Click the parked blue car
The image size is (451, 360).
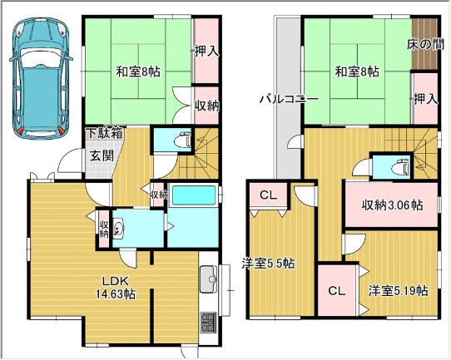(x=41, y=76)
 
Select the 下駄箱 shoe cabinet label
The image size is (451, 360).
(x=106, y=134)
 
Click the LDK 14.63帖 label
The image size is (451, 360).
(x=116, y=287)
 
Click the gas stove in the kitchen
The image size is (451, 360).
(x=209, y=323)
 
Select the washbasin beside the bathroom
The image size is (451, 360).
(x=118, y=229)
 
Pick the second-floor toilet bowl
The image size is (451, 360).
(x=401, y=167)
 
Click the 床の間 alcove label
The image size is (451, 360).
(x=425, y=45)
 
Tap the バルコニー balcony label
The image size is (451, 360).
(x=289, y=100)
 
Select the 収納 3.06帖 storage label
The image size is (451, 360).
(x=392, y=205)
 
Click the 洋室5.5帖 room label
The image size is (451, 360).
(x=268, y=263)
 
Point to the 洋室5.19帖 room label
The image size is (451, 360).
(x=398, y=291)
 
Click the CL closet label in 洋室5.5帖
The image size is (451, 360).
(x=268, y=195)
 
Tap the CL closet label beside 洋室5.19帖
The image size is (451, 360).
(x=337, y=291)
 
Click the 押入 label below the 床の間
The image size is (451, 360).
(x=426, y=100)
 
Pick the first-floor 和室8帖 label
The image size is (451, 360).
(x=138, y=72)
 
